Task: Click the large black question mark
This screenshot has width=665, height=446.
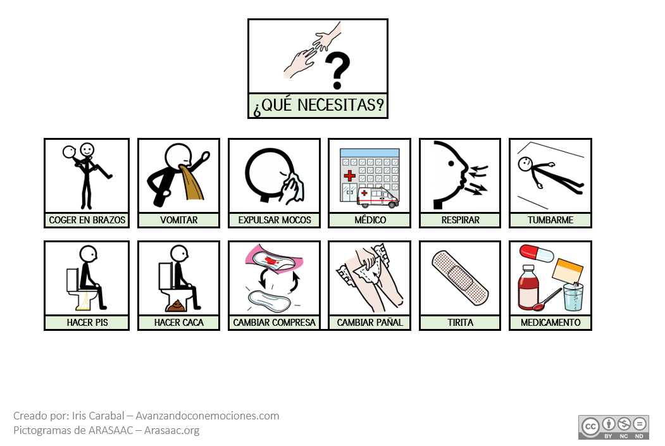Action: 338,70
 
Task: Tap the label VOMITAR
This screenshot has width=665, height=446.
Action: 178,220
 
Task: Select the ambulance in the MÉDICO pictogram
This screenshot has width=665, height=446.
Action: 378,197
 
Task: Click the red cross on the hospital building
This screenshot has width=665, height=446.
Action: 349,175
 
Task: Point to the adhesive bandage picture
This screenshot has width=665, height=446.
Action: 460,277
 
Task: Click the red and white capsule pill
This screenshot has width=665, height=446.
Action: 537,253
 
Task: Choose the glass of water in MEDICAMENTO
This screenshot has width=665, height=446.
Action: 573,297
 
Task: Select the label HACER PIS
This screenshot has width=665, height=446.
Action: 87,323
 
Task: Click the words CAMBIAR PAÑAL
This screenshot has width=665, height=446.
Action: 370,323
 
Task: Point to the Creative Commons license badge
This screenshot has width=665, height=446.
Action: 614,428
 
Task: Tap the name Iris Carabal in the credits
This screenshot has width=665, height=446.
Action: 98,416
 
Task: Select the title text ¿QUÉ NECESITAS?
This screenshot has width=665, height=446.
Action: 318,105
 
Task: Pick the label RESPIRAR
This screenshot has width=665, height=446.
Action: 460,220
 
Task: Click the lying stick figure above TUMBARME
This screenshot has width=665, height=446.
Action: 550,174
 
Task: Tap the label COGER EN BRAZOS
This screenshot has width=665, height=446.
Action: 87,220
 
